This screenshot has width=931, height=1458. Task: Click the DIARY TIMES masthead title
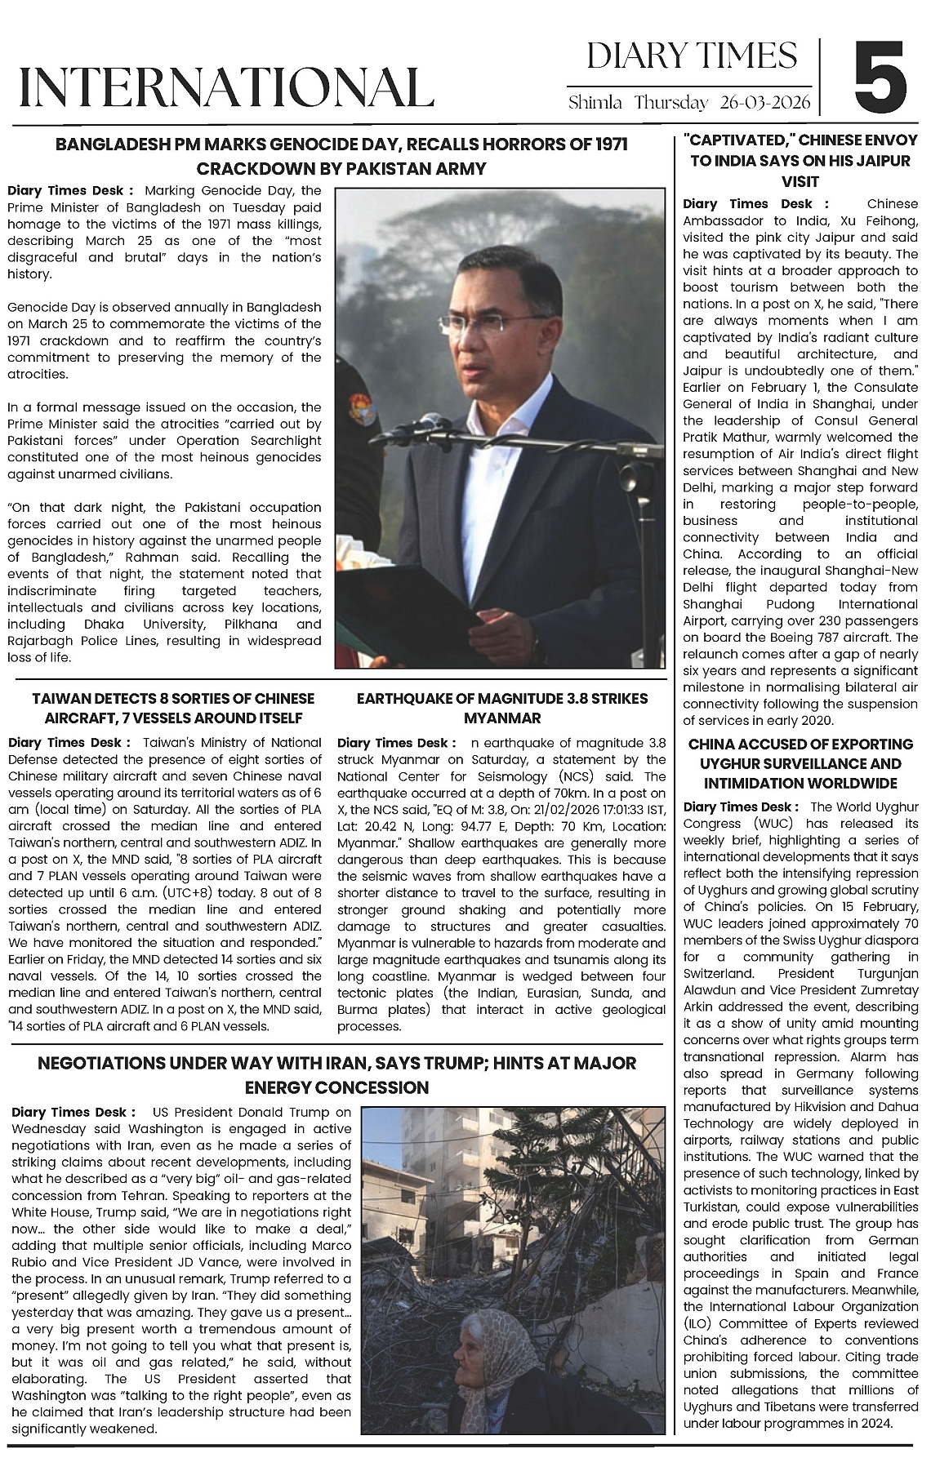(691, 56)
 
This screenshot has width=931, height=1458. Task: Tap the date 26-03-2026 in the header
(765, 103)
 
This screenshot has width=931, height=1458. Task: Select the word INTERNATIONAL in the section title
(225, 87)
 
